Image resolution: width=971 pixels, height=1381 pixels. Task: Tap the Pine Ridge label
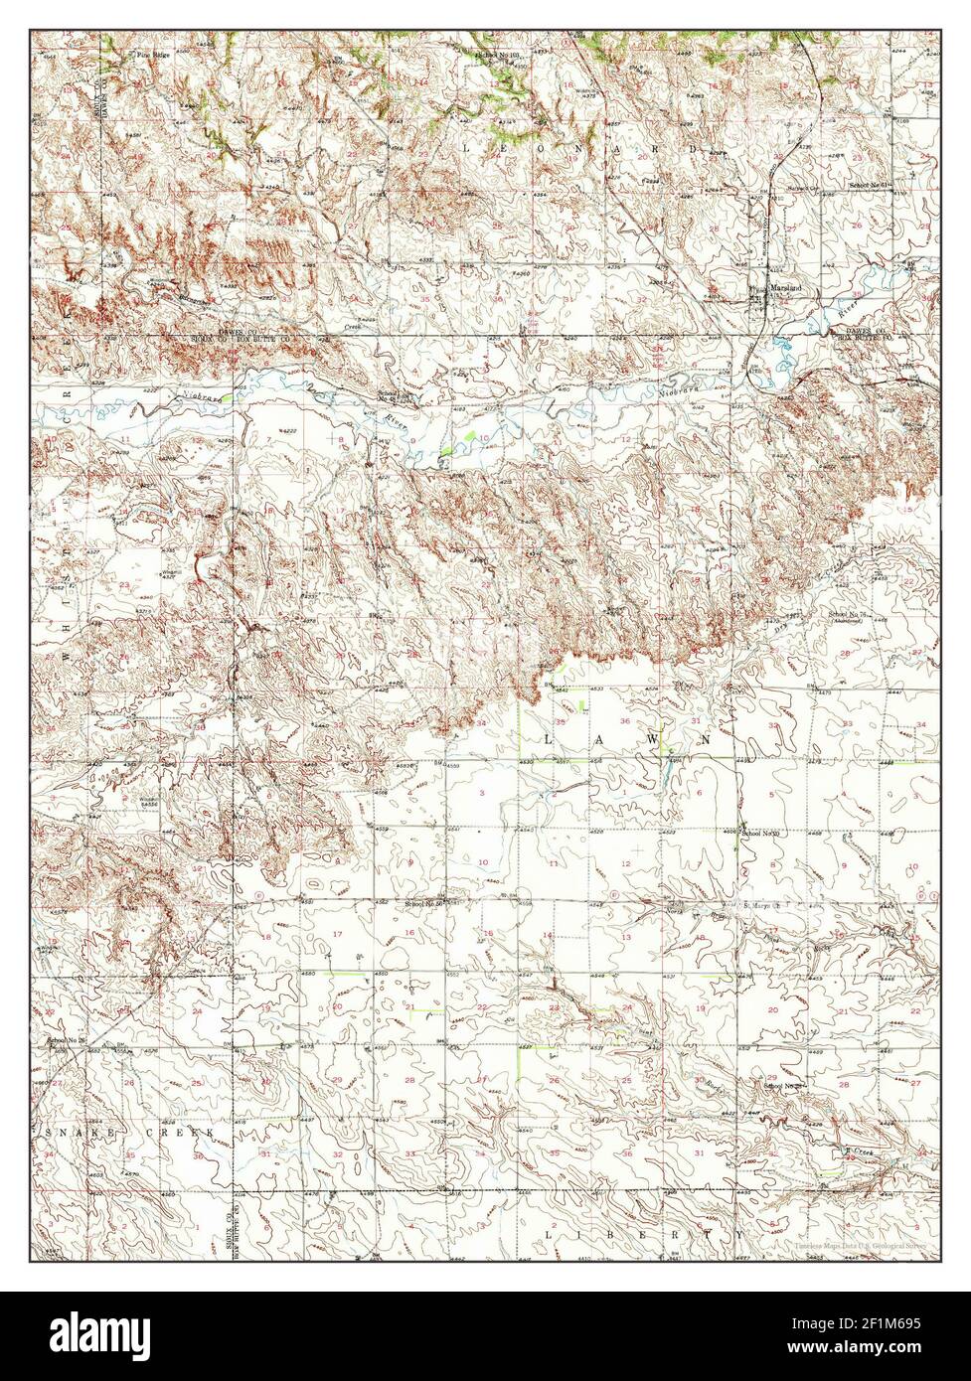[x=125, y=55]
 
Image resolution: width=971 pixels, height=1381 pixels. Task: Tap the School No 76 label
[x=851, y=616]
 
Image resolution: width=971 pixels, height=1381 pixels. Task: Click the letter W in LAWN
[x=657, y=740]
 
